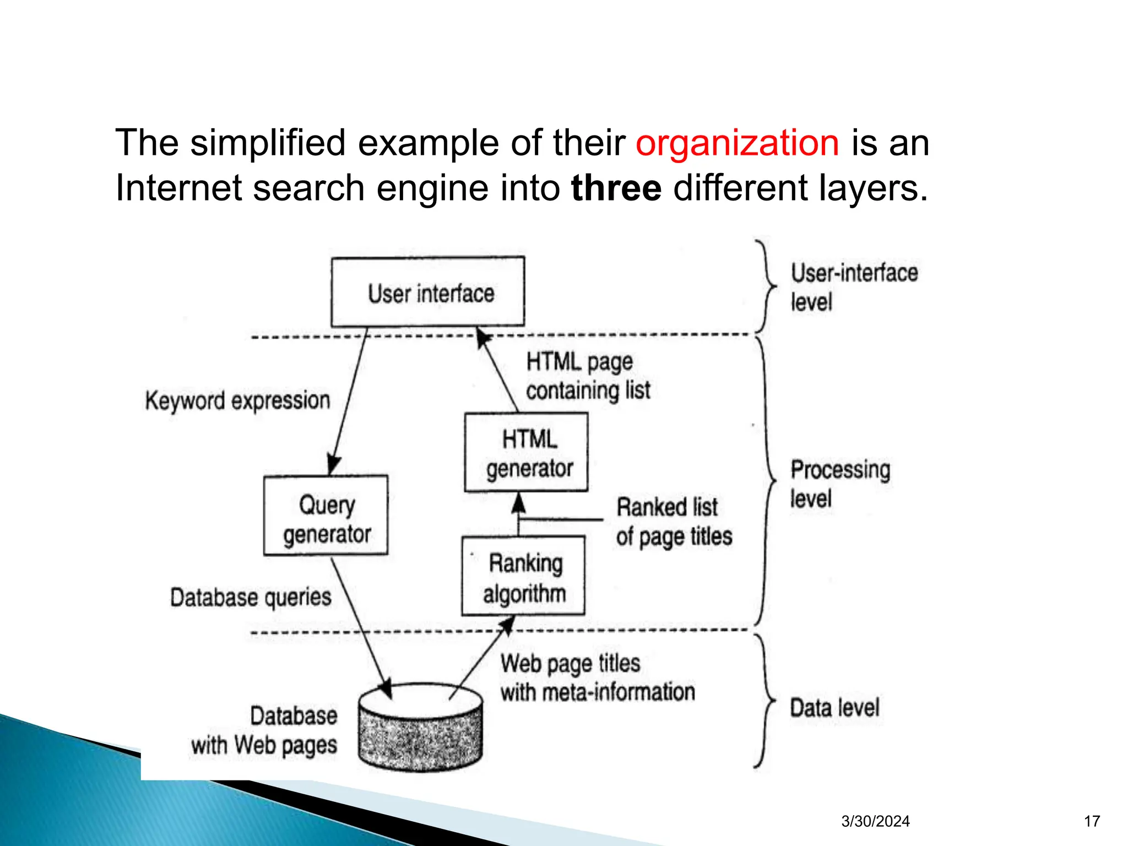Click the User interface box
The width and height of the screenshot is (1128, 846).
428,292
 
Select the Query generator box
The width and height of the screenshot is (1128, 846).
326,516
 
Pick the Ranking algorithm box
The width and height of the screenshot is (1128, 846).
524,576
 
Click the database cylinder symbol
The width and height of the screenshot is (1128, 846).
420,727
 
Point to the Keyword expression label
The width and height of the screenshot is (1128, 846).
237,400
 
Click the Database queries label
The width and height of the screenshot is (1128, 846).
251,598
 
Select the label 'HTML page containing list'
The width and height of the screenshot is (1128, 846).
588,376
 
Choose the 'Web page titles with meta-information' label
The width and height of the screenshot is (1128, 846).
597,678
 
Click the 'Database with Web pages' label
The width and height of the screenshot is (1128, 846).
264,730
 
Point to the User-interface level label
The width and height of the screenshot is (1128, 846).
854,287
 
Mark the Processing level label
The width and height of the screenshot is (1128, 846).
840,484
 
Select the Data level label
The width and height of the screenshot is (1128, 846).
834,708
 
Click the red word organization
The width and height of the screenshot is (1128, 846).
737,143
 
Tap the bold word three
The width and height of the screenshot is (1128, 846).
616,188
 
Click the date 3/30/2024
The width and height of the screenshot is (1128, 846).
875,821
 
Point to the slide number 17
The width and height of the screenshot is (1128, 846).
1092,821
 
